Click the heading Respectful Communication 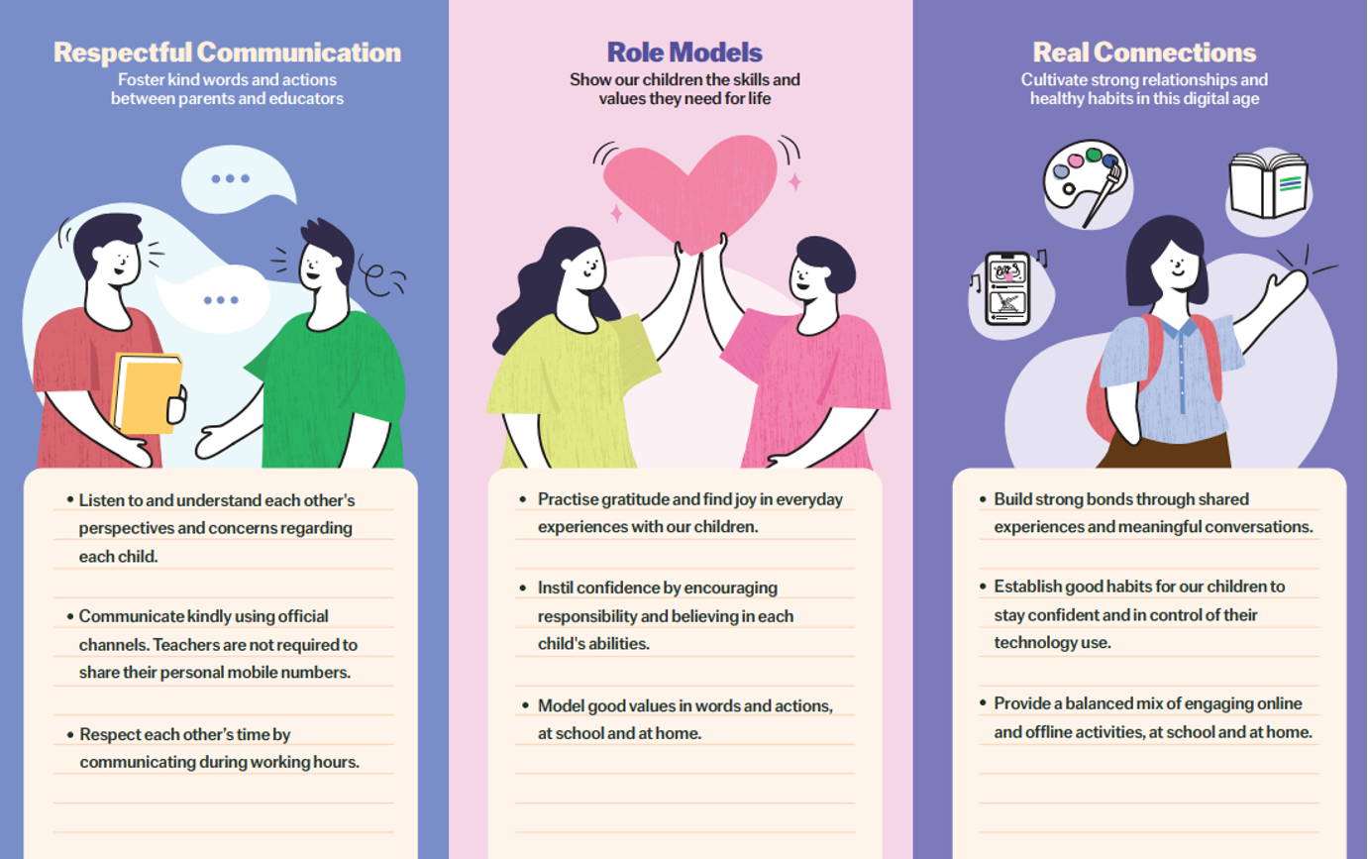(x=227, y=53)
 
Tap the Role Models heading (x=684, y=53)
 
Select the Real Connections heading (x=1144, y=53)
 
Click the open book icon (x=1268, y=185)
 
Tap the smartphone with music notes (x=1006, y=288)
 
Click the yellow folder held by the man (x=147, y=391)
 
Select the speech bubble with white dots (x=230, y=179)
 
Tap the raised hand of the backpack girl (x=1290, y=287)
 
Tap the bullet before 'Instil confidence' (x=523, y=588)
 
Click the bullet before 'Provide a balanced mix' (x=983, y=703)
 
